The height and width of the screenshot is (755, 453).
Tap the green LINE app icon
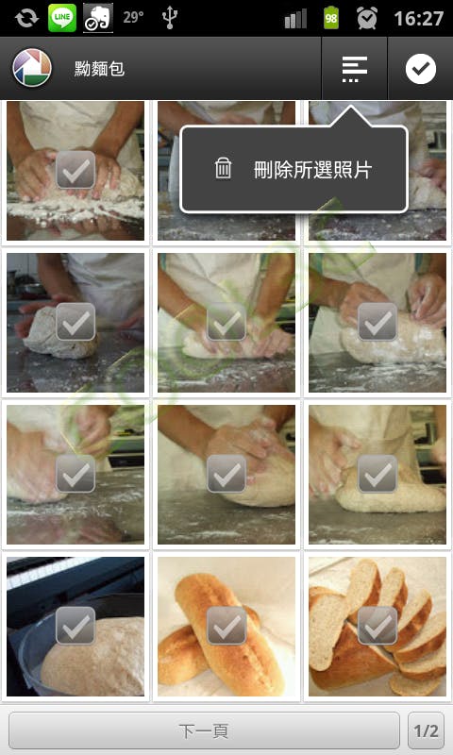[x=62, y=18]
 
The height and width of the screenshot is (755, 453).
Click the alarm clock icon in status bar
[x=367, y=18]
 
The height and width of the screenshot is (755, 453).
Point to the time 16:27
[x=418, y=19]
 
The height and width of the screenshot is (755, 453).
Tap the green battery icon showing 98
[x=330, y=18]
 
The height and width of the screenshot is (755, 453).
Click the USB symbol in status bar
[x=170, y=18]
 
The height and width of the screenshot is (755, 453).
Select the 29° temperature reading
[x=133, y=18]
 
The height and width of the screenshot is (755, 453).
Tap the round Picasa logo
[x=32, y=68]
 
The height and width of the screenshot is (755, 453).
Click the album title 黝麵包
[x=100, y=69]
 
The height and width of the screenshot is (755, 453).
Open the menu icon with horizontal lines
[x=354, y=69]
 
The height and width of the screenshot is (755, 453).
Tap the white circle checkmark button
[x=420, y=69]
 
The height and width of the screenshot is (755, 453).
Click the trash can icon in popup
[x=223, y=169]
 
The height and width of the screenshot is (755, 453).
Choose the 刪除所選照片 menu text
[x=313, y=170]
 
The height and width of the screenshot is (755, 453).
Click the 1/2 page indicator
[x=426, y=730]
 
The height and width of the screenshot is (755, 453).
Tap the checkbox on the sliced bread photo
[x=377, y=626]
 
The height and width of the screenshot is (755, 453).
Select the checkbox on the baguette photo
[x=226, y=626]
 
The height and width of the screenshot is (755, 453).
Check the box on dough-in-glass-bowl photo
[x=75, y=626]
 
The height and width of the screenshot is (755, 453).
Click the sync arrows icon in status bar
[x=26, y=18]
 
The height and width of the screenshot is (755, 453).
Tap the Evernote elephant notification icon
[x=98, y=18]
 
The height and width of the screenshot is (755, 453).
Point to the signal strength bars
[x=295, y=19]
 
